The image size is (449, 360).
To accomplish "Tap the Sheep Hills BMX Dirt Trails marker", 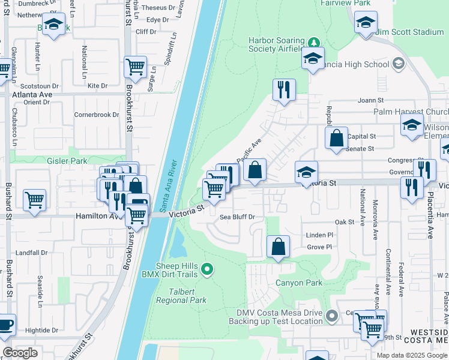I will (x=207, y=269).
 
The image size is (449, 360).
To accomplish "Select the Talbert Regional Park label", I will (x=181, y=296).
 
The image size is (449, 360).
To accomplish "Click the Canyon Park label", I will (x=299, y=283).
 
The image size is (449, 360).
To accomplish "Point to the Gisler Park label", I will (x=67, y=161).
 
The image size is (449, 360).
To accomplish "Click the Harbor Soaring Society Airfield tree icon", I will (x=313, y=43).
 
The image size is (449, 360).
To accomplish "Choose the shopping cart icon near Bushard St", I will (x=35, y=200).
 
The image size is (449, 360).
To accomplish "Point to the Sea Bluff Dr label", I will (x=238, y=217).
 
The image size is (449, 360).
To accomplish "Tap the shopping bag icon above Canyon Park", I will (x=279, y=246).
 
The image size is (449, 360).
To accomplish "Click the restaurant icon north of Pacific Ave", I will (x=283, y=90).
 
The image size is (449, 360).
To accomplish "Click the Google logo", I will (x=21, y=353).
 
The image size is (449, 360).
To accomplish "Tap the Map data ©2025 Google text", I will (x=411, y=355).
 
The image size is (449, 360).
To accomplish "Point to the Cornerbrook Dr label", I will (x=97, y=115).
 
